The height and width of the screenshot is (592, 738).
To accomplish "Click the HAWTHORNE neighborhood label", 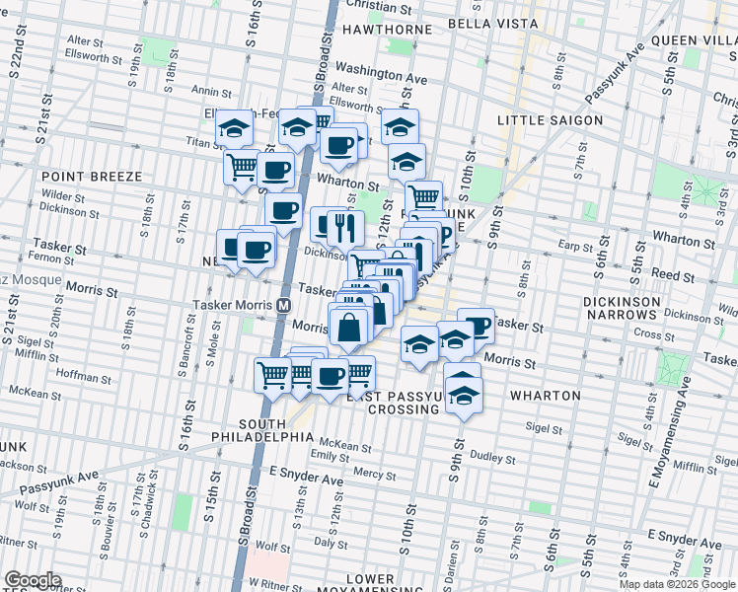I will point(386,30).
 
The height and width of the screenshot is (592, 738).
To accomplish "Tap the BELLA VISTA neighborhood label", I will point(492,23).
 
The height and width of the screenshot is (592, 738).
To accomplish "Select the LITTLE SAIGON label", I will point(550,120).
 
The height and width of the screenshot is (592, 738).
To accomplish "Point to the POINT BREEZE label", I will point(92,176).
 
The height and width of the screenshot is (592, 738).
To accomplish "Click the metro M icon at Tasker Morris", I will point(284,306).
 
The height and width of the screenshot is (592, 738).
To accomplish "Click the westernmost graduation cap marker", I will point(235,128).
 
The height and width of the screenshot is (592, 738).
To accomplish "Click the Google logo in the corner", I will point(33,580).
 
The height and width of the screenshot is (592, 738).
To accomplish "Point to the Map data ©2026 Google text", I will point(677,584).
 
